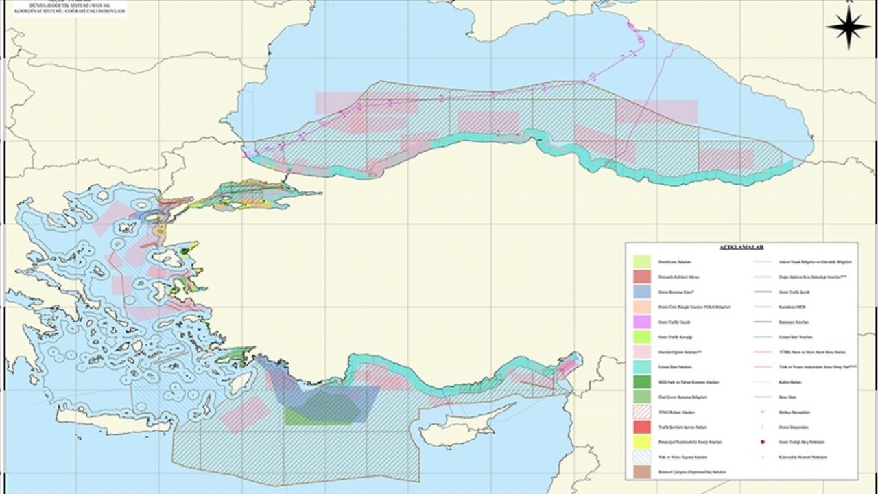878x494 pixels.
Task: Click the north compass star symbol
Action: click(848, 27)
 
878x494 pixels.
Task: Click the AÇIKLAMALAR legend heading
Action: click(741, 247)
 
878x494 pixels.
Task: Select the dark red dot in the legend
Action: click(763, 442)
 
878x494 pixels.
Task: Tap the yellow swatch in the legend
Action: click(642, 442)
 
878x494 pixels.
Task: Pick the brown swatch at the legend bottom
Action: click(642, 472)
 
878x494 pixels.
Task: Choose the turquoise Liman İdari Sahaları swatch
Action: click(642, 367)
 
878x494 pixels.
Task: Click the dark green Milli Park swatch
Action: click(642, 382)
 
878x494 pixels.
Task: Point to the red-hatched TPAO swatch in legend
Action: click(642, 412)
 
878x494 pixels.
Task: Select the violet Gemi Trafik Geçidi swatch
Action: click(642, 322)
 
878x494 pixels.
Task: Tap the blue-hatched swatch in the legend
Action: click(642, 457)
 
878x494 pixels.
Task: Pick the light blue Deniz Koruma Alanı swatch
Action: click(642, 292)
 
